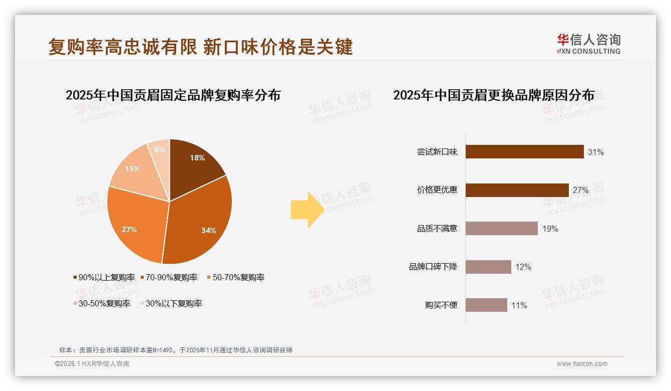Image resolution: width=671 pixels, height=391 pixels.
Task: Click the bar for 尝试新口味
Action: point(524,151)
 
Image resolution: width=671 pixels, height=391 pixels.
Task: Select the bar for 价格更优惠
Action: point(517,190)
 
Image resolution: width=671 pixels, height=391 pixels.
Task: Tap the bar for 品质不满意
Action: point(501,229)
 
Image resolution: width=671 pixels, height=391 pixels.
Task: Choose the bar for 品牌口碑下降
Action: point(488,267)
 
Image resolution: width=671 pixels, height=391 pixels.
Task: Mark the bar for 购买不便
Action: point(486,305)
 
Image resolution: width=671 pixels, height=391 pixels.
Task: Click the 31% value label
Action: point(596,152)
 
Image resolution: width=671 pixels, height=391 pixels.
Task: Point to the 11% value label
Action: point(519,305)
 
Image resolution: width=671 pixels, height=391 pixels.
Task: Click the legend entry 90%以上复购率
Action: point(104,277)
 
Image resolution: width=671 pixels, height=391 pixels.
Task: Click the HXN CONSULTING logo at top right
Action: point(588,44)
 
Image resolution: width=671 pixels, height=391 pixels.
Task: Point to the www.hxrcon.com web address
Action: point(582,364)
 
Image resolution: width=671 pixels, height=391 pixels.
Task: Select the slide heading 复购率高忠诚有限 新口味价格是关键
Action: point(200,47)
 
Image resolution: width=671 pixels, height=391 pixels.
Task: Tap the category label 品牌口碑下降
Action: point(433,267)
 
